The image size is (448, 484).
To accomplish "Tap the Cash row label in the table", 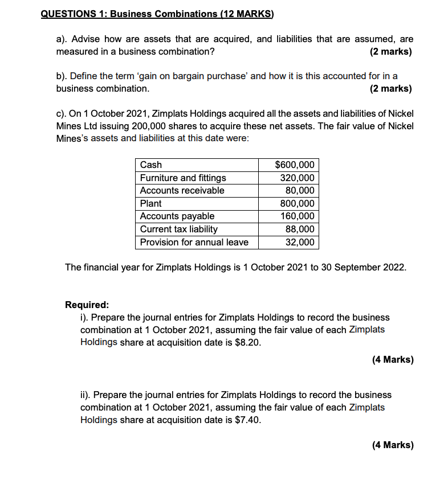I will [151, 165].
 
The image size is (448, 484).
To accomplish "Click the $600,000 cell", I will [294, 165].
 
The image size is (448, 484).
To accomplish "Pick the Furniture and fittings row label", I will [183, 178].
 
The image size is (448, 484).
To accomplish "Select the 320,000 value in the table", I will [297, 178].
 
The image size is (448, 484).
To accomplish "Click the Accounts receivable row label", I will [182, 190].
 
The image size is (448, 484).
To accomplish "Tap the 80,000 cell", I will [300, 190].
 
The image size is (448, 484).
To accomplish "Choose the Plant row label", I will [151, 203].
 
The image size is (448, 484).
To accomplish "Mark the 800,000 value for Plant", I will [297, 203].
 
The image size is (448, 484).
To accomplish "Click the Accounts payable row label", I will [177, 216].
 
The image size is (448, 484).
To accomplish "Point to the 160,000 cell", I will [297, 216].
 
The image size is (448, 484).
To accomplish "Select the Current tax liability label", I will [179, 229].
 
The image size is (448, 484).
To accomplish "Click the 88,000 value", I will [300, 229].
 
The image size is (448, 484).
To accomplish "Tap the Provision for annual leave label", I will [194, 242].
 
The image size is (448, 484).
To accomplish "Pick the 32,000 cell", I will [300, 242].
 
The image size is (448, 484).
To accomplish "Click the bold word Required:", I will [87, 305].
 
